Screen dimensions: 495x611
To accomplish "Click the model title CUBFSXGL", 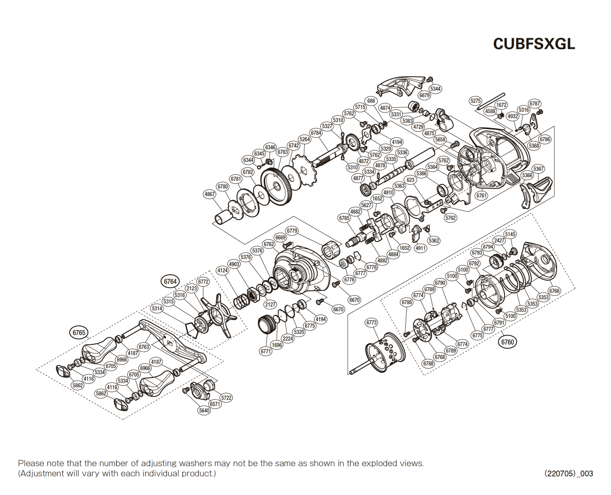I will click(x=534, y=43).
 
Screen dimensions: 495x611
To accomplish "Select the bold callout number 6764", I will click(x=170, y=282).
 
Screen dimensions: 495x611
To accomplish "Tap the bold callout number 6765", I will click(x=79, y=332).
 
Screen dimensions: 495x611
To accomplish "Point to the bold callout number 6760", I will click(x=507, y=342).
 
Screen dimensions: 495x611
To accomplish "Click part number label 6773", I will click(x=371, y=323).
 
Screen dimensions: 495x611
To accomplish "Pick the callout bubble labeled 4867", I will click(x=210, y=194).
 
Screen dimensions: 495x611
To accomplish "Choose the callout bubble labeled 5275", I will click(x=475, y=101).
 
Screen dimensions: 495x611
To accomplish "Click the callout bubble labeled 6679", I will click(x=424, y=95).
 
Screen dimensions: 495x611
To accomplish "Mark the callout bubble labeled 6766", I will click(x=554, y=291).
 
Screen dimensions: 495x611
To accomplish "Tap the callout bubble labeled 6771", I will click(x=266, y=351).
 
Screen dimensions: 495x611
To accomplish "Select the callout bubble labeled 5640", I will click(x=204, y=410).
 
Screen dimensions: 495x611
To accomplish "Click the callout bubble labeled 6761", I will click(x=481, y=195).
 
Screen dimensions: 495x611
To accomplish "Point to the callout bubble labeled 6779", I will click(x=292, y=231).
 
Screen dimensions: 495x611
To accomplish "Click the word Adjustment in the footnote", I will click(x=44, y=473).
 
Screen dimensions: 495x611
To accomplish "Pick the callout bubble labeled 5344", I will click(x=435, y=89).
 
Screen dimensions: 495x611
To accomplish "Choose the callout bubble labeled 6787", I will click(x=534, y=104).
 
